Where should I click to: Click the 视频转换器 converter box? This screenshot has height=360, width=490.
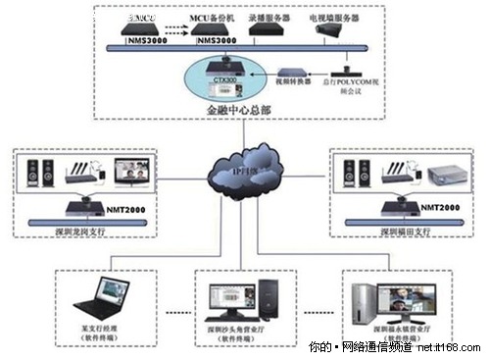[291, 74]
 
